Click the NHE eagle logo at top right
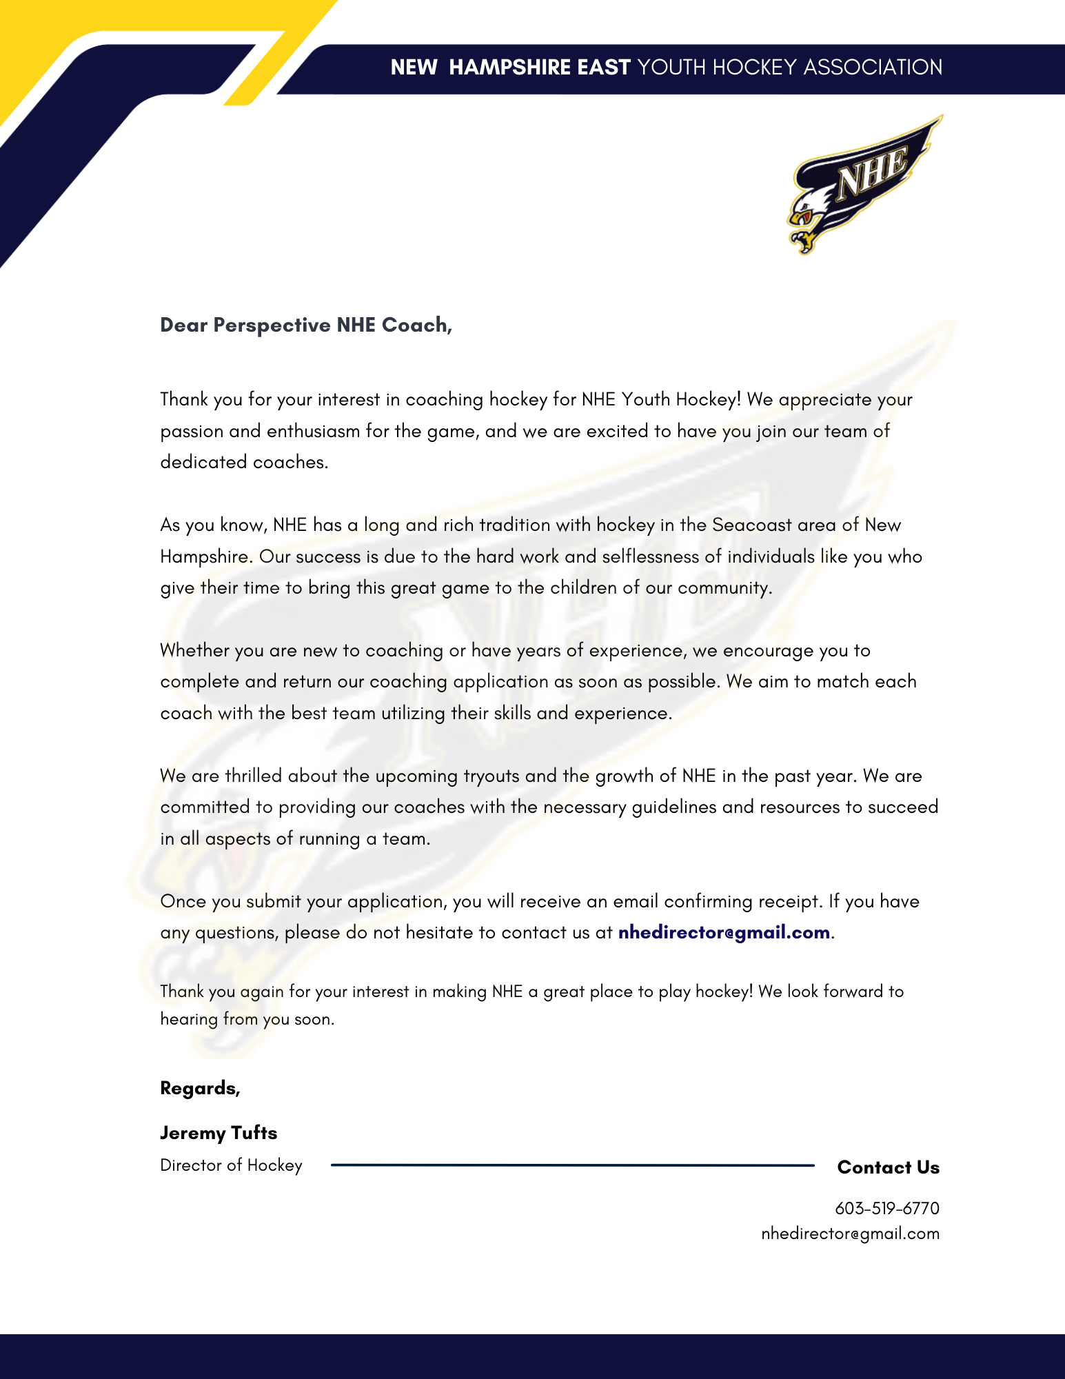(x=864, y=185)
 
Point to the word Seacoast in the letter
(x=752, y=525)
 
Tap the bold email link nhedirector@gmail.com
(x=724, y=933)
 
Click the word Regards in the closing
(x=199, y=1088)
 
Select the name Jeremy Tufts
(x=219, y=1133)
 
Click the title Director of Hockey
(x=231, y=1165)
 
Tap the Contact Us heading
(x=888, y=1167)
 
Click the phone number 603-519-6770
(x=886, y=1208)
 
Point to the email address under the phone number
(x=850, y=1234)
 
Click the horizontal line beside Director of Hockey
(x=572, y=1165)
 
